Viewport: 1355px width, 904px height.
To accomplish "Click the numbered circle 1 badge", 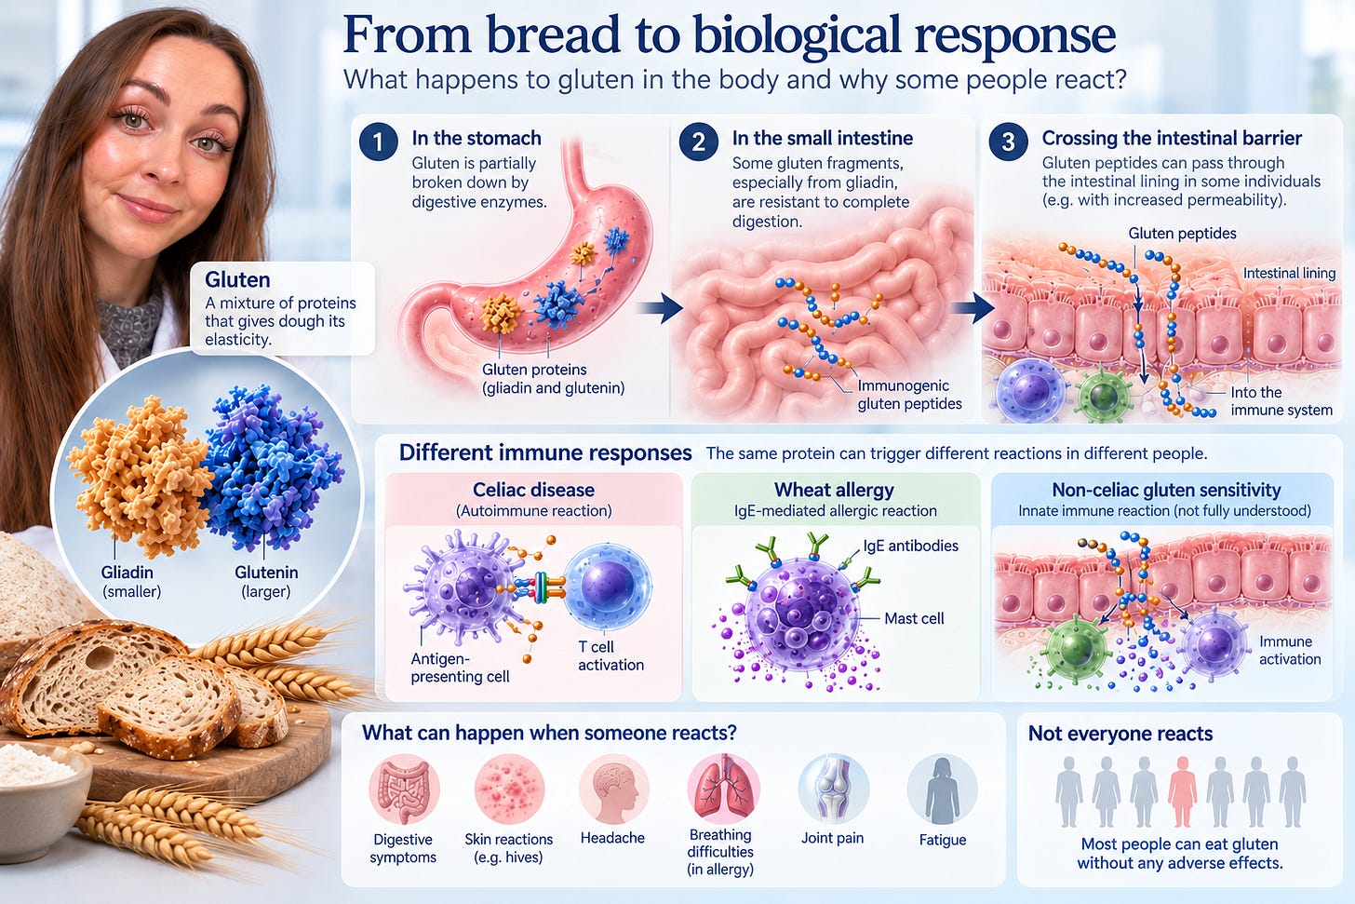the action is point(378,142).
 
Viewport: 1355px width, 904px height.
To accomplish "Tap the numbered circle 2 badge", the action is point(699,142).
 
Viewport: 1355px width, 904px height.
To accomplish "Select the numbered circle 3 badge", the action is point(1009,142).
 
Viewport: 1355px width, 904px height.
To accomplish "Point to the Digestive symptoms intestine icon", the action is point(404,789).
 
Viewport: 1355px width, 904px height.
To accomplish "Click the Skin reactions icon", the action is point(509,789).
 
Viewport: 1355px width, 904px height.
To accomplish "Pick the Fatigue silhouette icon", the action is point(943,789).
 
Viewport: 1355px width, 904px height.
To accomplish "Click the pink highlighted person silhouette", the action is point(1182,791).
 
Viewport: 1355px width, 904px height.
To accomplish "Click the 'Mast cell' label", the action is point(914,618).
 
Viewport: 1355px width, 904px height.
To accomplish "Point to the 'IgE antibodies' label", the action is point(910,546).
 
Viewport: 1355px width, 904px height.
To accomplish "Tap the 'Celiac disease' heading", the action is point(533,490).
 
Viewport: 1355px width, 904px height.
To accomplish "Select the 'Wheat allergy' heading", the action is point(834,490).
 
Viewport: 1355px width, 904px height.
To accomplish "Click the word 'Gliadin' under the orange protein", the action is point(127,573).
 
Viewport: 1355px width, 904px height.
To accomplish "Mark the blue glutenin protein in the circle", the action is point(271,465).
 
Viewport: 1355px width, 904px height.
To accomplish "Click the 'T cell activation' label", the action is point(610,656).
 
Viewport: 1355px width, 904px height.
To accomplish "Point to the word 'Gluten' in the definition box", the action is point(237,280).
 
